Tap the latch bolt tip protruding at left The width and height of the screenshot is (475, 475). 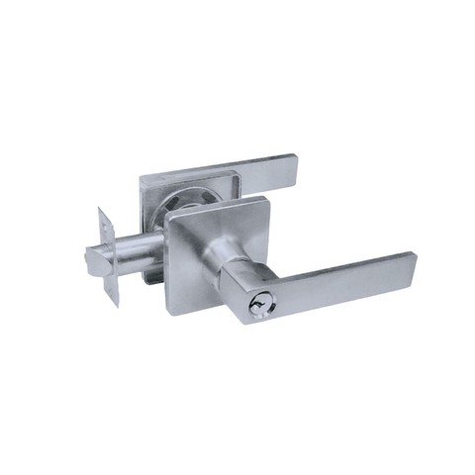click(x=91, y=260)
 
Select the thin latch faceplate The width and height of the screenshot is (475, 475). click(x=108, y=254)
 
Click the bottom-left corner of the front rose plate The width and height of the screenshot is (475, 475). click(x=170, y=312)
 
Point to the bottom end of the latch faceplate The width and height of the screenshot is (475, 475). click(x=114, y=305)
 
